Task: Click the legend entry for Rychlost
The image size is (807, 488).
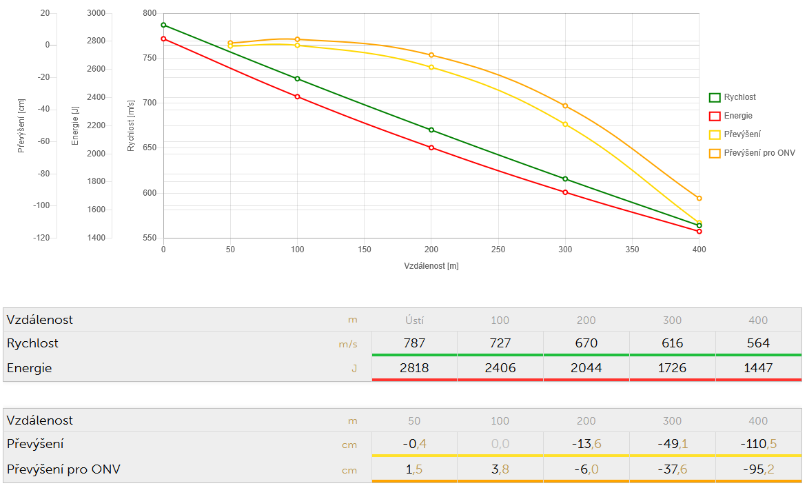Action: pos(739,98)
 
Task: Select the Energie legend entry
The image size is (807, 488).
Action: pos(737,116)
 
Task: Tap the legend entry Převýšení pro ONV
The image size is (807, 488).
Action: pos(759,153)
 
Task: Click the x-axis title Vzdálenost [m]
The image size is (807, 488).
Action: pos(431,265)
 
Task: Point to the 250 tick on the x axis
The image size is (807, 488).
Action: pos(498,250)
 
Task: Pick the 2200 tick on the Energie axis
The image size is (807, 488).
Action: pos(96,125)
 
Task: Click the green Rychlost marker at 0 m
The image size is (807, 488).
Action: pos(163,25)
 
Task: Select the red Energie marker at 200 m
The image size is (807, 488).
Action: pos(431,148)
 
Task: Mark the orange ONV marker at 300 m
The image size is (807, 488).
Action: pos(565,106)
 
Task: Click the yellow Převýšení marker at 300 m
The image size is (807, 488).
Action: pos(565,124)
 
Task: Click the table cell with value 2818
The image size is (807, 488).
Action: pos(414,368)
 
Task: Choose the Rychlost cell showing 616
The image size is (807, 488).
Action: pos(672,343)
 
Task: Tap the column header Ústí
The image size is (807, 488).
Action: pos(414,320)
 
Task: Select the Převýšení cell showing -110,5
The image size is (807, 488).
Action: pos(758,444)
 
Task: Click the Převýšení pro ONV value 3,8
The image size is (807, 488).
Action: pos(500,469)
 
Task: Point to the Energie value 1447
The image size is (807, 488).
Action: pos(758,368)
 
